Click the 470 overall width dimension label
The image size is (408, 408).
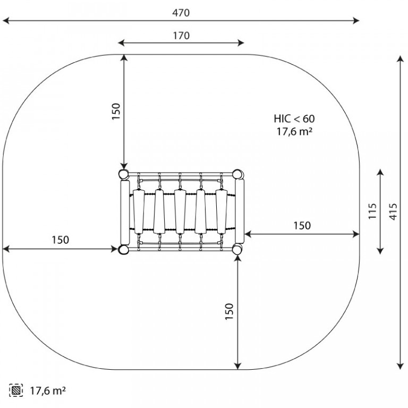click(x=181, y=13)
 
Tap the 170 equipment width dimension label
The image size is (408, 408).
click(x=181, y=36)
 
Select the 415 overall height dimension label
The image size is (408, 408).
click(x=394, y=211)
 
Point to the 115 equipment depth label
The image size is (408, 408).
click(x=372, y=211)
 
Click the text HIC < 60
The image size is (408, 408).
click(x=294, y=118)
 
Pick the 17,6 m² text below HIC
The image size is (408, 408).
click(x=294, y=131)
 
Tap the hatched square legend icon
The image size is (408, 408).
click(x=16, y=390)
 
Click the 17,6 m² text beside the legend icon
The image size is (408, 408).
click(x=48, y=390)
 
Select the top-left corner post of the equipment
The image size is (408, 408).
click(x=123, y=174)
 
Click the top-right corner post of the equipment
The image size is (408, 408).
click(x=237, y=174)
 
